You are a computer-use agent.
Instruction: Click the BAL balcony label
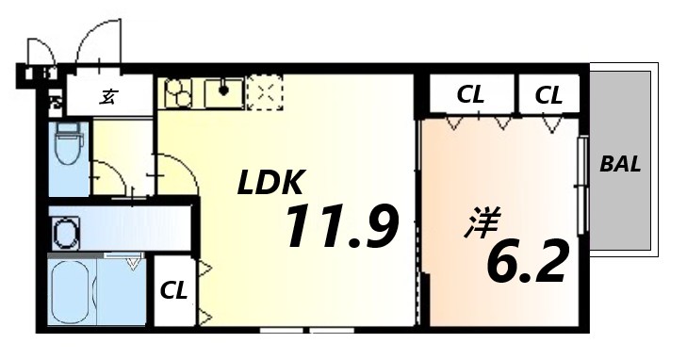[x=620, y=164]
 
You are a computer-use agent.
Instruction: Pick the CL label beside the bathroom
[x=172, y=289]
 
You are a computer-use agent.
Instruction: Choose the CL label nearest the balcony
[x=548, y=95]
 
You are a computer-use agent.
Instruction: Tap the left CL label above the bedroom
[x=470, y=95]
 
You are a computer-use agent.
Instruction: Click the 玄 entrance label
[x=109, y=96]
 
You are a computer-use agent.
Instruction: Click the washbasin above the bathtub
[x=67, y=230]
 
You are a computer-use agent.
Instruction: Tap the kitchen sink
[x=223, y=93]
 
